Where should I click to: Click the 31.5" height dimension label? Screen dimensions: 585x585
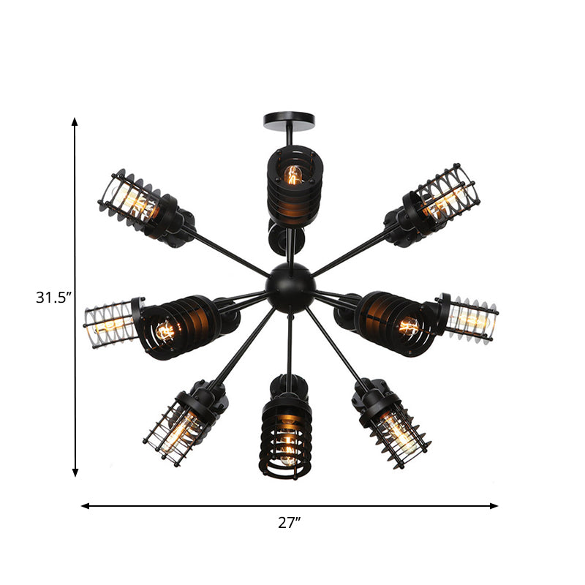coord(53,298)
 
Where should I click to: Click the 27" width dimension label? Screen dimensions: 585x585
coord(290,522)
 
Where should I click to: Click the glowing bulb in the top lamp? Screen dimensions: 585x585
coord(293,175)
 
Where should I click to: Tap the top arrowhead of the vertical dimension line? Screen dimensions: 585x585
coord(75,121)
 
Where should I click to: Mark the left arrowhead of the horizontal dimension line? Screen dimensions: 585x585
coord(85,505)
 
